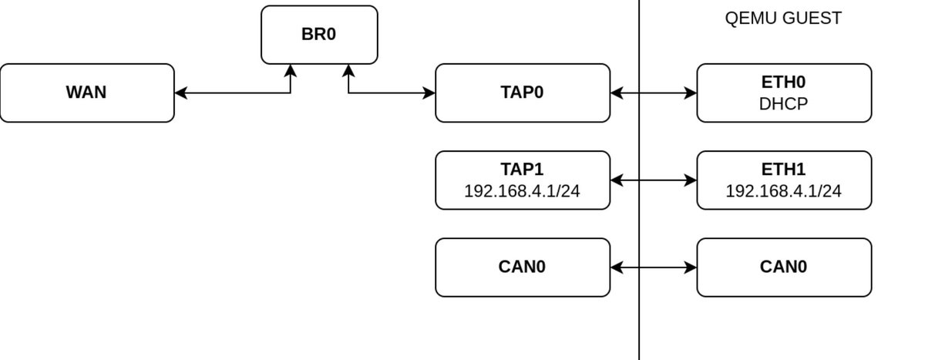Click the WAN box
pos(87,93)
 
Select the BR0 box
pos(319,35)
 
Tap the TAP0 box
pos(523,93)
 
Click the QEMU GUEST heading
pos(783,19)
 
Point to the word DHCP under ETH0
pos(784,103)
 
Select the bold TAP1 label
pos(523,170)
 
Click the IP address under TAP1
pos(523,190)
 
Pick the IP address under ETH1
pos(784,190)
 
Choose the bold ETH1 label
pos(784,170)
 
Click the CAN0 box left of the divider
pos(523,267)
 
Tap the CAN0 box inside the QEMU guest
pos(784,267)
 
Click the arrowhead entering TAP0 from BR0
pos(429,93)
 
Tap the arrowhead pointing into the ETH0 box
pos(691,93)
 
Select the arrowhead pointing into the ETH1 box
pos(691,180)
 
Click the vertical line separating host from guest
pos(639,324)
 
